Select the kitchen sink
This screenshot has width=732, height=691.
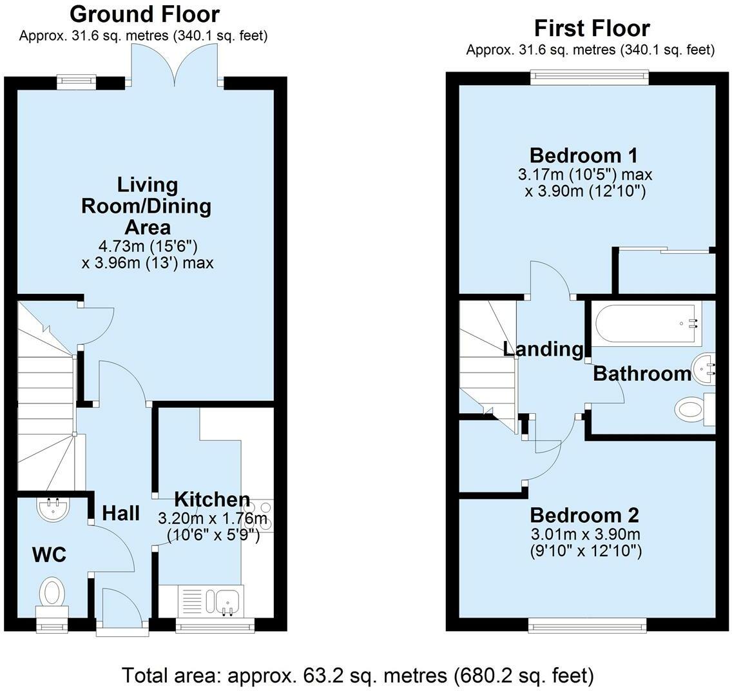click(227, 599)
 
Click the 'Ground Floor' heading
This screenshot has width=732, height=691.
click(144, 14)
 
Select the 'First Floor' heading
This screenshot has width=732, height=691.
click(592, 28)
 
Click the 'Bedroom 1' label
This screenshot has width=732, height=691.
click(583, 155)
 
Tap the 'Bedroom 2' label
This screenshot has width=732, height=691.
click(584, 515)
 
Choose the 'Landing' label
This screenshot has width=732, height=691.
click(543, 349)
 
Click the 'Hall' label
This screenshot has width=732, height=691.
click(121, 513)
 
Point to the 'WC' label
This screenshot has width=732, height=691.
click(50, 554)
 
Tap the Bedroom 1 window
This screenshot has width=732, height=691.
click(590, 77)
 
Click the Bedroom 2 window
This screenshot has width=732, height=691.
click(587, 625)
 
